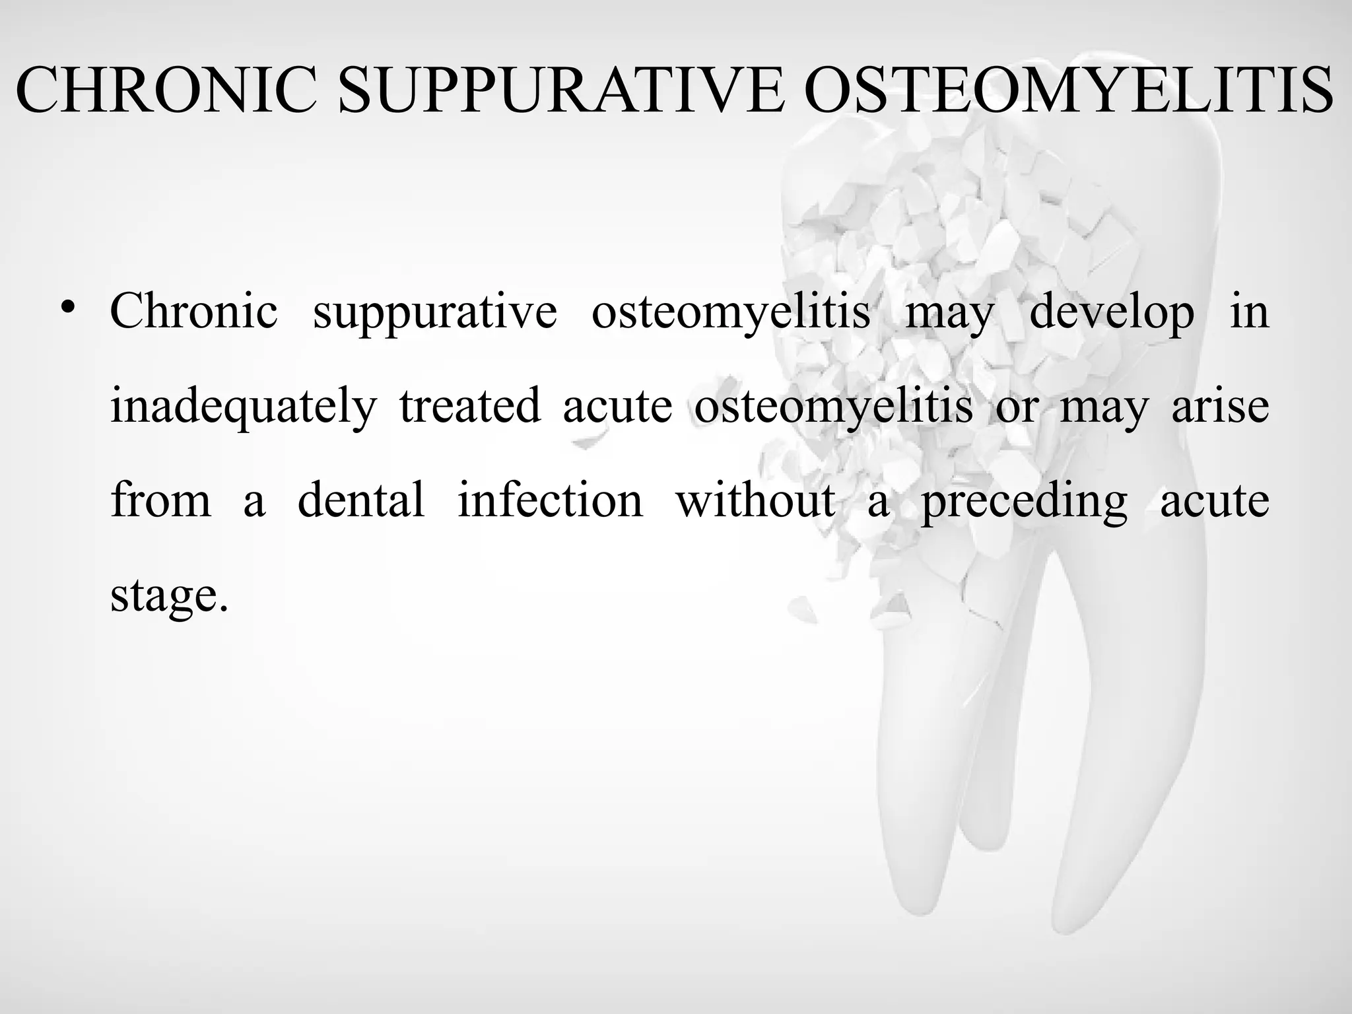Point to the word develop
point(1112,312)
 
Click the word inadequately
point(243,407)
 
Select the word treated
point(470,405)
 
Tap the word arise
point(1220,405)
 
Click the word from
point(161,500)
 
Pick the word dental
point(361,500)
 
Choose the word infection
point(550,500)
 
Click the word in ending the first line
point(1249,312)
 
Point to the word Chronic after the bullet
point(193,311)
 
